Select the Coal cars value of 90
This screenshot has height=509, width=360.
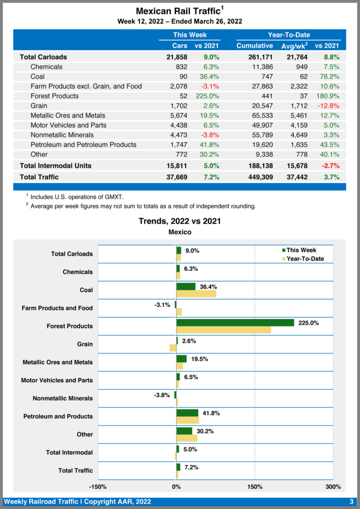(x=182, y=77)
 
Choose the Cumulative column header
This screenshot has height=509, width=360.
(x=254, y=46)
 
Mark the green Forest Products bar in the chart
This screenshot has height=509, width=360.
(x=235, y=323)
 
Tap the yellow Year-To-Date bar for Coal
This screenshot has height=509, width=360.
(x=196, y=294)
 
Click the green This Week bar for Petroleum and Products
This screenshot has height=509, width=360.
(x=187, y=413)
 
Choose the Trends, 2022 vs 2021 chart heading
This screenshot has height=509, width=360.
(x=180, y=221)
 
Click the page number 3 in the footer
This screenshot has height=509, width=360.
(x=351, y=502)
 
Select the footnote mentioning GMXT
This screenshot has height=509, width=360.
(x=77, y=197)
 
